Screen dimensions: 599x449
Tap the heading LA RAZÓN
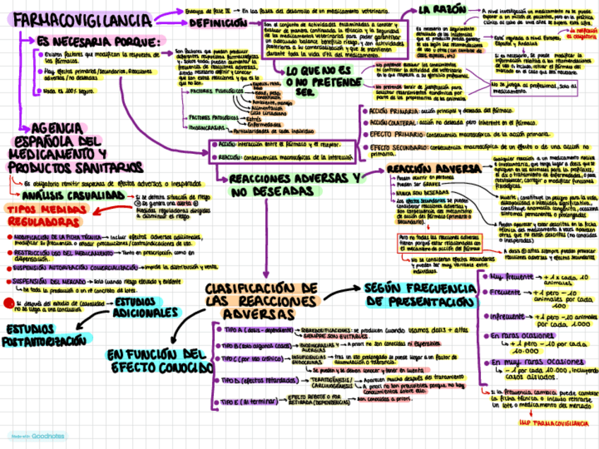coord(443,9)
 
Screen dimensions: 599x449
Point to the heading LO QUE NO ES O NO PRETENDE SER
coord(317,81)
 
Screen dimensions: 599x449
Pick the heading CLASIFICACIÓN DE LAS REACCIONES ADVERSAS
coord(262,300)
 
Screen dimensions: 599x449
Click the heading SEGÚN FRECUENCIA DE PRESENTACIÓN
coord(421,295)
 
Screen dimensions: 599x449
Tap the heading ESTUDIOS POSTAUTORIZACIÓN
coord(47,335)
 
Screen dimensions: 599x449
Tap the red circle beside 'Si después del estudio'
coord(8,302)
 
